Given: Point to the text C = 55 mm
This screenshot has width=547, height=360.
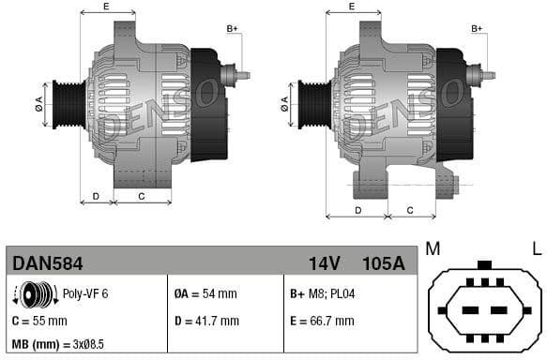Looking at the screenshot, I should (40, 321).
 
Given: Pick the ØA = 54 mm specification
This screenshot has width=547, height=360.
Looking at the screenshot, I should (205, 293).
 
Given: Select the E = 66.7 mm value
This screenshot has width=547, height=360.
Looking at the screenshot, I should (322, 321).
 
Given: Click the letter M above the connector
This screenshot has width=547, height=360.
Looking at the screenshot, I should (433, 248).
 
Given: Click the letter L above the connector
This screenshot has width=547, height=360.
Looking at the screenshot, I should (536, 248).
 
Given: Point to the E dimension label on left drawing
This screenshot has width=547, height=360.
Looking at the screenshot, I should (105, 7).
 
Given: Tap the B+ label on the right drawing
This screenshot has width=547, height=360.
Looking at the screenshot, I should (476, 29).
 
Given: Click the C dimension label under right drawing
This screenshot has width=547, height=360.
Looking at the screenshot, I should (410, 209).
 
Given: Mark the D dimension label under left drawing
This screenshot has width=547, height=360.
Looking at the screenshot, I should (96, 197).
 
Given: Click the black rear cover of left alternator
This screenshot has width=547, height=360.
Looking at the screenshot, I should (208, 103).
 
